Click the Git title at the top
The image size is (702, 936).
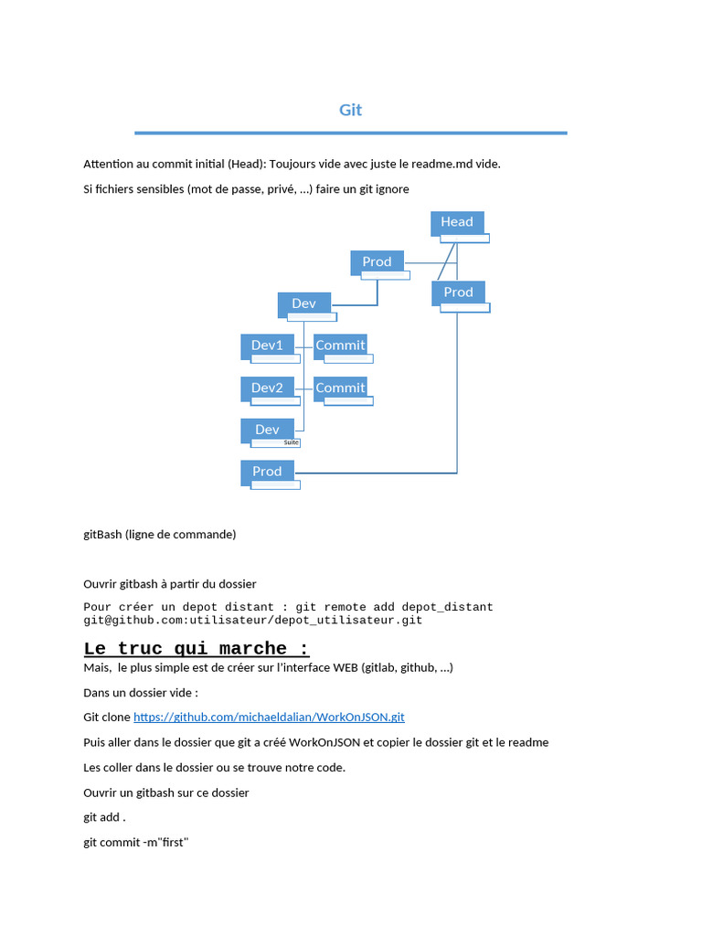click(x=351, y=110)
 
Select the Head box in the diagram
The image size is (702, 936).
click(x=457, y=222)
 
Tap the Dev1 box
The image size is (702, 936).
click(x=267, y=346)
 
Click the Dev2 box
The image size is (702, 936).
click(x=267, y=388)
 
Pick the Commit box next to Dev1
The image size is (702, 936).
click(x=340, y=346)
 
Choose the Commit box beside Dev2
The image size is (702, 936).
click(x=340, y=388)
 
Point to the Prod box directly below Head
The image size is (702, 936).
click(x=458, y=292)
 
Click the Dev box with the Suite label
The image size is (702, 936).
click(x=267, y=430)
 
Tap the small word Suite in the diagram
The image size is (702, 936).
click(x=292, y=442)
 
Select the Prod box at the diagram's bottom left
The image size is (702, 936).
click(x=267, y=472)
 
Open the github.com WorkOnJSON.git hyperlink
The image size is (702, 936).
click(x=269, y=718)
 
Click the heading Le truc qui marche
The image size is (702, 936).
click(x=197, y=649)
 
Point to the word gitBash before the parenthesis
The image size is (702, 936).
click(x=102, y=534)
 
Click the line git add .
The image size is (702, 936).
click(x=104, y=817)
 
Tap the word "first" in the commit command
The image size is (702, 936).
click(x=171, y=842)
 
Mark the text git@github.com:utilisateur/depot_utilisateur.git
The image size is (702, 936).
click(x=252, y=620)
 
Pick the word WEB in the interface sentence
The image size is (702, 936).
click(x=346, y=667)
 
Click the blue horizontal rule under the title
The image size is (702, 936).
click(x=351, y=133)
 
